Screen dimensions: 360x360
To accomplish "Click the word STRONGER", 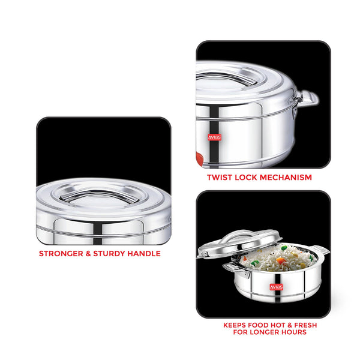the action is click(x=61, y=254).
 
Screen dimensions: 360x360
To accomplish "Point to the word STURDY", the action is click(x=109, y=254).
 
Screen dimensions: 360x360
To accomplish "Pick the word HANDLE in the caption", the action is click(x=144, y=254).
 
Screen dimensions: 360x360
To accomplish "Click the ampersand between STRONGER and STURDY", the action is click(x=88, y=254).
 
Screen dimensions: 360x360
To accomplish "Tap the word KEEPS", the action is click(x=235, y=325).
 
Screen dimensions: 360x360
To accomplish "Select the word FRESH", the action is click(x=305, y=325).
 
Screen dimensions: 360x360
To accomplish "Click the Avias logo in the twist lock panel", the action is click(x=214, y=137).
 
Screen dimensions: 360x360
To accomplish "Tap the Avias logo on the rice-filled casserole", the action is click(x=277, y=287).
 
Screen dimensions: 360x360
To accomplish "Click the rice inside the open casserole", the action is click(x=279, y=258).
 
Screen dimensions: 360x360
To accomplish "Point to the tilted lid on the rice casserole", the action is click(x=239, y=244).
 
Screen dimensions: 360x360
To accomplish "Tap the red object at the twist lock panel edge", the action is click(x=199, y=158).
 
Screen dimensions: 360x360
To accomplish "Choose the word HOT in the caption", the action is click(x=278, y=325).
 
